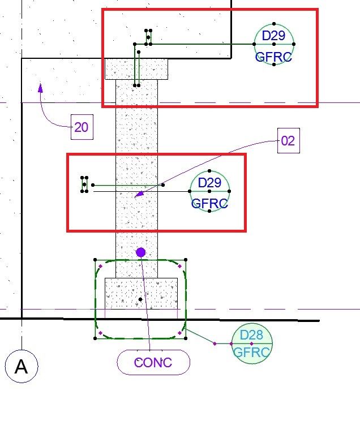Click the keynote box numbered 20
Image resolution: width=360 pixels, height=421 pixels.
(82, 127)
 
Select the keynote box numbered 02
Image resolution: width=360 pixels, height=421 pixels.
(288, 140)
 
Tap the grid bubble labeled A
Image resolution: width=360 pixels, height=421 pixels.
(21, 367)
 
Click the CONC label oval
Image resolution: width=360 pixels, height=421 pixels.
(153, 362)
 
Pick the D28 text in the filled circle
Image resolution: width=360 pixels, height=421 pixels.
(251, 336)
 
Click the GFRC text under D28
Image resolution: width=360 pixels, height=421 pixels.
(252, 352)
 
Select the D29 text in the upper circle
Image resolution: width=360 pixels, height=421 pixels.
(274, 36)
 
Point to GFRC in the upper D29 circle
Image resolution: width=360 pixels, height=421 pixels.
(274, 57)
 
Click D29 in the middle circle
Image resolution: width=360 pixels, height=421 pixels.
(209, 182)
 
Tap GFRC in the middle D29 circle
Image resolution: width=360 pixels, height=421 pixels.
(209, 203)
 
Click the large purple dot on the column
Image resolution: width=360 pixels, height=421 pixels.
(141, 252)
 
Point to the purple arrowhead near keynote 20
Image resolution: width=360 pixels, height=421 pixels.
(40, 87)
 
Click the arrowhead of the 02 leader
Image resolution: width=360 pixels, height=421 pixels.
(138, 195)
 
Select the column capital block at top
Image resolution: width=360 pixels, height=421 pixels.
(136, 69)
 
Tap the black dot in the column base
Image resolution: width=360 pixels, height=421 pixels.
(140, 299)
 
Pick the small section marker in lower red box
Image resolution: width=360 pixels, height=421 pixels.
(84, 184)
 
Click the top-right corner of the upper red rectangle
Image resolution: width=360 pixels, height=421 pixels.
(317, 10)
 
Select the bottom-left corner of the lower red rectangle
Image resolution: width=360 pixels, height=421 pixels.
(68, 230)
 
